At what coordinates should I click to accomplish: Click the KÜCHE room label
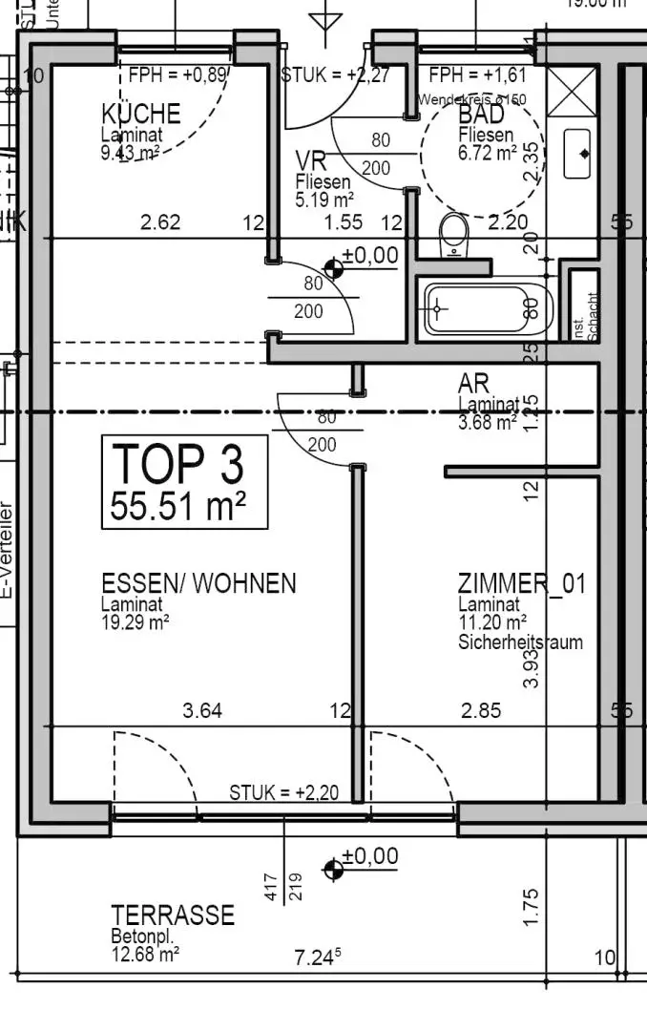pyautogui.click(x=140, y=115)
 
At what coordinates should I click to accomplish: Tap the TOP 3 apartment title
pyautogui.click(x=178, y=464)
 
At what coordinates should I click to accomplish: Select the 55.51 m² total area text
pyautogui.click(x=178, y=505)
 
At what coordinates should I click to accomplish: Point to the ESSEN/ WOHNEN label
pyautogui.click(x=198, y=583)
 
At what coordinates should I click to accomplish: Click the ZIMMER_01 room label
pyautogui.click(x=522, y=583)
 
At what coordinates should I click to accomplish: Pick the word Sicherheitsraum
pyautogui.click(x=520, y=642)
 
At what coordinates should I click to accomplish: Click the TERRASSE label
pyautogui.click(x=173, y=915)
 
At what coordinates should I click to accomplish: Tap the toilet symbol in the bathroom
pyautogui.click(x=455, y=234)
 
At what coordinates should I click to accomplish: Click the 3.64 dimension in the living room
pyautogui.click(x=202, y=710)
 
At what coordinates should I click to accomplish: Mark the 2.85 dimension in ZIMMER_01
pyautogui.click(x=481, y=710)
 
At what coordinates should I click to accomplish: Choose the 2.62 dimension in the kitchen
pyautogui.click(x=159, y=223)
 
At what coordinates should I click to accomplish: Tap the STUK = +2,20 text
pyautogui.click(x=283, y=792)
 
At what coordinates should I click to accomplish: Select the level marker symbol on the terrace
pyautogui.click(x=333, y=868)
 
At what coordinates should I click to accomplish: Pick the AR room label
pyautogui.click(x=473, y=384)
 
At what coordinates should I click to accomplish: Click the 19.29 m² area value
pyautogui.click(x=136, y=621)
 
